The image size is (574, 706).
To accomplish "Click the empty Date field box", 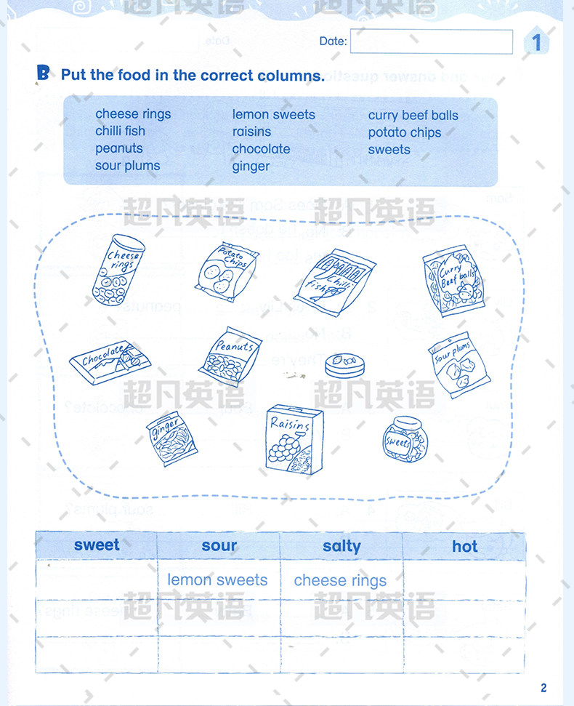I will (x=431, y=41).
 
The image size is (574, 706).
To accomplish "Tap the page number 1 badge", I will (x=537, y=42).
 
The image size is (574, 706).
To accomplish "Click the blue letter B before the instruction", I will (x=44, y=73).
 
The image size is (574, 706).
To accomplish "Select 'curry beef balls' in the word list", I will (x=413, y=115).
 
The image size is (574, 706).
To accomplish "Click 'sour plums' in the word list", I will (x=127, y=166).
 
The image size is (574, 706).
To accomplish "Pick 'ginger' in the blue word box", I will (x=251, y=167).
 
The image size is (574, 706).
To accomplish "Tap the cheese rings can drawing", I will (x=118, y=268).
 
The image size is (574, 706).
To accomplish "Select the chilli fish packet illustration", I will (x=334, y=278).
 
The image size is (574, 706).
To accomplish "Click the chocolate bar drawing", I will (x=107, y=361).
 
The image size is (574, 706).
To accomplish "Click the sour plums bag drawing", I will (x=453, y=366).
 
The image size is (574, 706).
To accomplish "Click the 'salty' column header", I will (x=341, y=546).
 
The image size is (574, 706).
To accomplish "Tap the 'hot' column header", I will (x=464, y=546).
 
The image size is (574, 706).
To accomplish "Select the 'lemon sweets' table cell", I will (x=218, y=580).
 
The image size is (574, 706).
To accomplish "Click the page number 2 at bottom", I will (x=543, y=688).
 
